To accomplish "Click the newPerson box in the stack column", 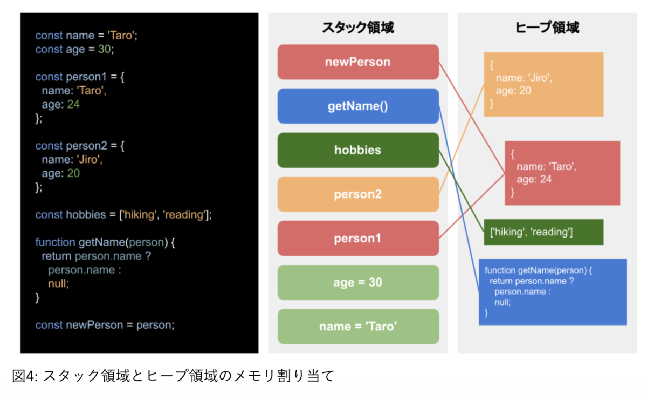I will click(358, 62).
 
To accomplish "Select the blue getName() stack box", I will click(358, 106).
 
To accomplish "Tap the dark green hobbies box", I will click(358, 150).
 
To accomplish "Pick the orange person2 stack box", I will click(358, 194).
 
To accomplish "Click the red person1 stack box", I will click(358, 238).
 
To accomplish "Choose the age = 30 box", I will click(358, 282).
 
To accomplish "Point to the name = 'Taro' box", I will click(358, 327).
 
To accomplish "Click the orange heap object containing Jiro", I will click(543, 84).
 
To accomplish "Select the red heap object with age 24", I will click(562, 173).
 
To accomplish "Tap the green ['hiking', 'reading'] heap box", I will click(543, 232).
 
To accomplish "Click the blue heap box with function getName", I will click(552, 292).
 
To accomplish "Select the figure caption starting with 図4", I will click(173, 375).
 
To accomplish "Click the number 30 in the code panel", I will click(105, 49).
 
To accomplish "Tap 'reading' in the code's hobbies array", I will click(185, 215).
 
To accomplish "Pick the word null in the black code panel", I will click(59, 282).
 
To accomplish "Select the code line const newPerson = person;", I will click(105, 325).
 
